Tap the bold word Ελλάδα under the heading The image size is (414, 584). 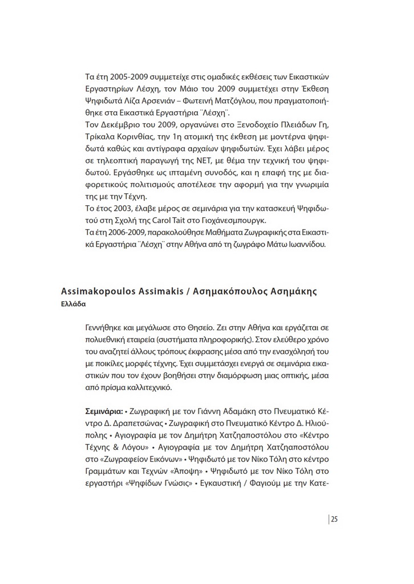pos(73,304)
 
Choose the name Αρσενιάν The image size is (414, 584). pos(172,102)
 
